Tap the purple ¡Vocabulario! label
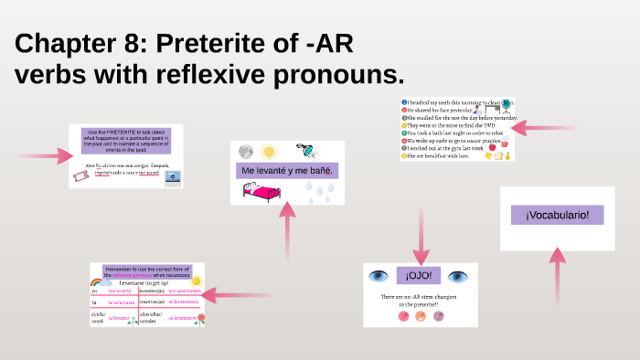click(557, 215)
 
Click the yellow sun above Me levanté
click(267, 151)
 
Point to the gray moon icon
click(245, 152)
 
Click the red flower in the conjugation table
click(199, 319)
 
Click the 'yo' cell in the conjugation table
click(94, 290)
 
